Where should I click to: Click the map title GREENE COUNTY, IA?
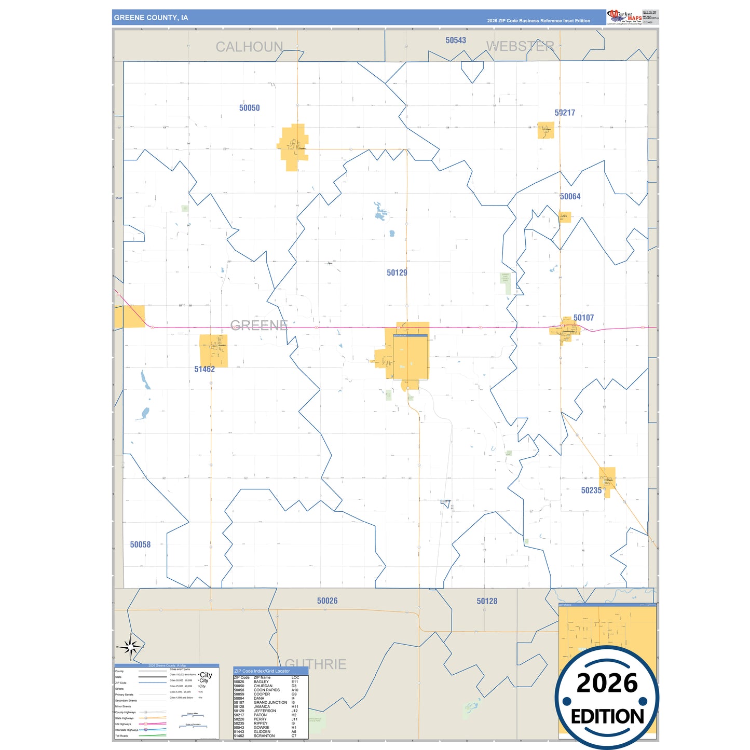point(151,18)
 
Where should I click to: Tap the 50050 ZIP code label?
point(249,108)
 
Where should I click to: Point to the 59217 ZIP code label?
point(565,113)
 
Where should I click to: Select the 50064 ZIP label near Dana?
point(570,197)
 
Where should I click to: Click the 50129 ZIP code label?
point(397,272)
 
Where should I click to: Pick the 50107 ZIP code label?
point(583,318)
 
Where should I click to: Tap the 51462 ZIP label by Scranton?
point(204,369)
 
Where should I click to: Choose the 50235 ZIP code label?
point(591,490)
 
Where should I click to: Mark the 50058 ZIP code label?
point(140,544)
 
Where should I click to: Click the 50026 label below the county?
point(327,601)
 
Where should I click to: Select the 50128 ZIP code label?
point(487,601)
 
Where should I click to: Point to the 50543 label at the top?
point(456,40)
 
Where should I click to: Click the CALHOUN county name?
point(249,47)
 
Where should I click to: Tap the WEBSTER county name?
point(520,47)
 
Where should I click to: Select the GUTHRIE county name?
point(316,664)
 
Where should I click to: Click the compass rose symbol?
point(131,647)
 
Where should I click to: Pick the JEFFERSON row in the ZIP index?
point(265,711)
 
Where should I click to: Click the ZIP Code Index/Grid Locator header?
point(262,671)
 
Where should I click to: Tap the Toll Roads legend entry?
point(121,736)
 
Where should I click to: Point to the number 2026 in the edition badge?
point(607,683)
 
